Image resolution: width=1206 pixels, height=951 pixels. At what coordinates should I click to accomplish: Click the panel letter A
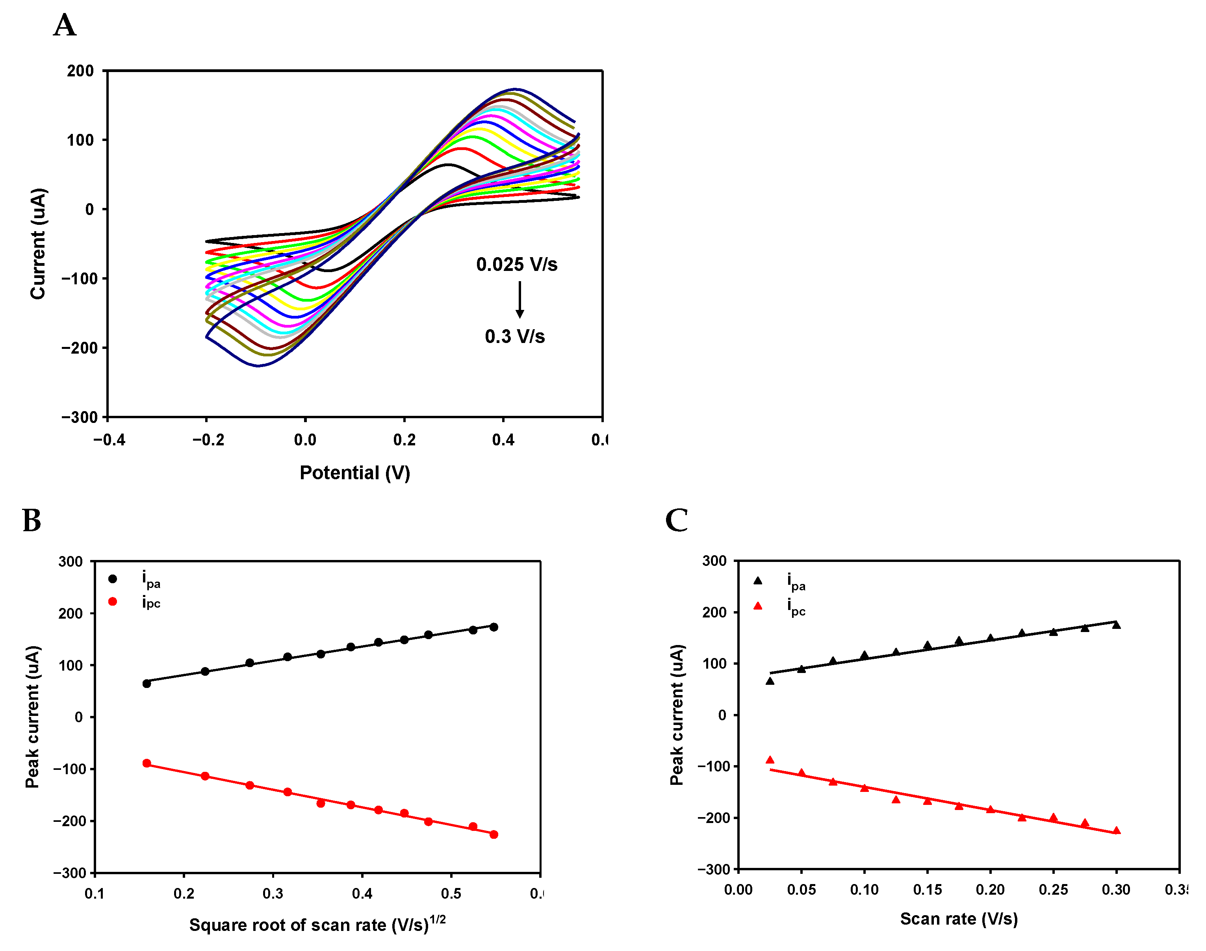point(65,26)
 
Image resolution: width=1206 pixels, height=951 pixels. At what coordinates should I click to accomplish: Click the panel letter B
point(32,521)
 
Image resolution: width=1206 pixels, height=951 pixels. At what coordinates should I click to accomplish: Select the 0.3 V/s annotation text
point(514,336)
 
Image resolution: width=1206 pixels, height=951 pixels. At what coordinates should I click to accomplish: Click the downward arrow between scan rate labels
point(520,300)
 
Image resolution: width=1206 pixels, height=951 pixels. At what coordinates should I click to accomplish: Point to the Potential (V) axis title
point(355,473)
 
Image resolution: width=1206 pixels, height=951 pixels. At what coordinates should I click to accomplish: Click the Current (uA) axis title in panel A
point(38,244)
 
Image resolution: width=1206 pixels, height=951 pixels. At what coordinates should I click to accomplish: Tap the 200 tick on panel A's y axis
point(80,71)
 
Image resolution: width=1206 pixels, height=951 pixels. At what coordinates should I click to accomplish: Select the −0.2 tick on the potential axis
point(208,440)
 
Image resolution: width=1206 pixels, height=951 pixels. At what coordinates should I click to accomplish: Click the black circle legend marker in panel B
point(113,579)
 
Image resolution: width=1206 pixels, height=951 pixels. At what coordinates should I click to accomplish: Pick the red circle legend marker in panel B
point(113,601)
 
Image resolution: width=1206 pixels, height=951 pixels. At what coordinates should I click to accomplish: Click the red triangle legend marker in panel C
point(757,606)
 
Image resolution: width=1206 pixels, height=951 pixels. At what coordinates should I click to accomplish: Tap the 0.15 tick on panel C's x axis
point(927,889)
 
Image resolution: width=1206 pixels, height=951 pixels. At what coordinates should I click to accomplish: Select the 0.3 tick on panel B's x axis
point(273,893)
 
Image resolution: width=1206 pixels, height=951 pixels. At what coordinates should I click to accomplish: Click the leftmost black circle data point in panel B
point(147,683)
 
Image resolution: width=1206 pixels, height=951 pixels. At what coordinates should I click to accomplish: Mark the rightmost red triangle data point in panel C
point(1116,830)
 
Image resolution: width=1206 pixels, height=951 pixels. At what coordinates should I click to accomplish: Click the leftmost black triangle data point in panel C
point(770,680)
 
